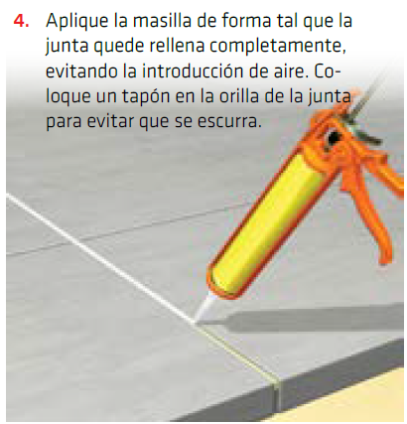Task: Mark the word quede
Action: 125,48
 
